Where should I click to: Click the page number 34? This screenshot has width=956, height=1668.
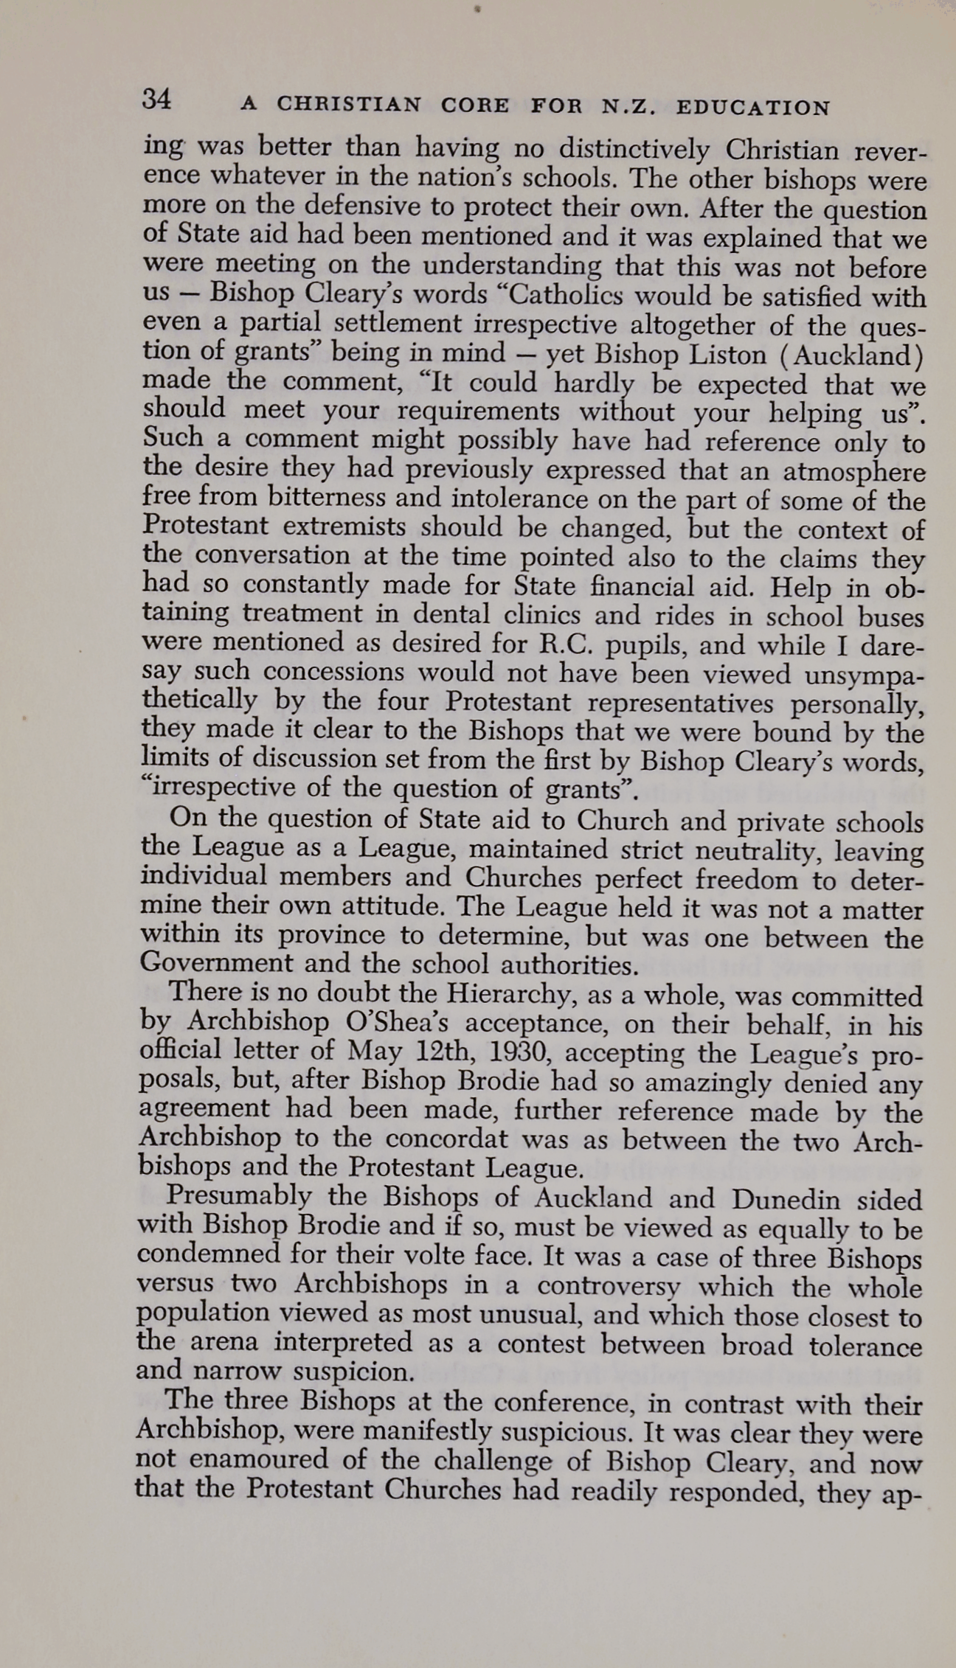[157, 100]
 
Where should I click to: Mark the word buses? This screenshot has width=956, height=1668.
[887, 616]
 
